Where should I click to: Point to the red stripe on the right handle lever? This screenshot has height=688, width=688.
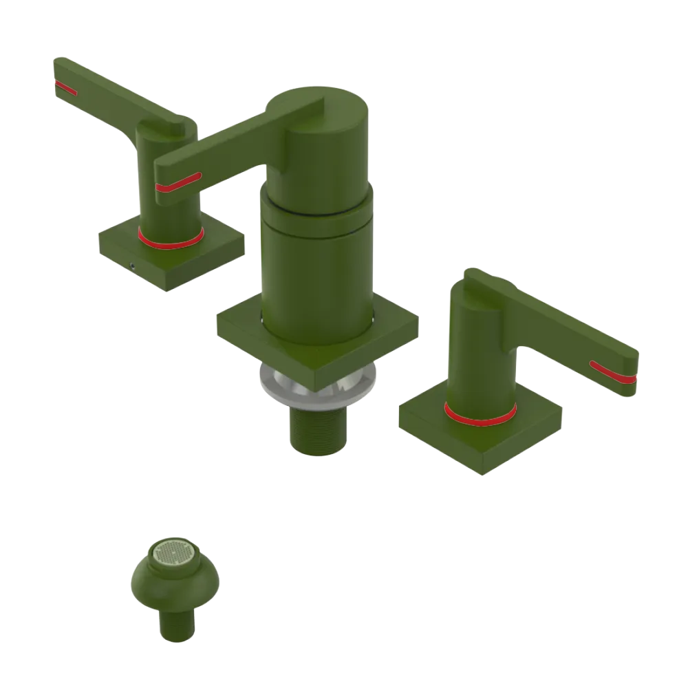pos(612,372)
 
